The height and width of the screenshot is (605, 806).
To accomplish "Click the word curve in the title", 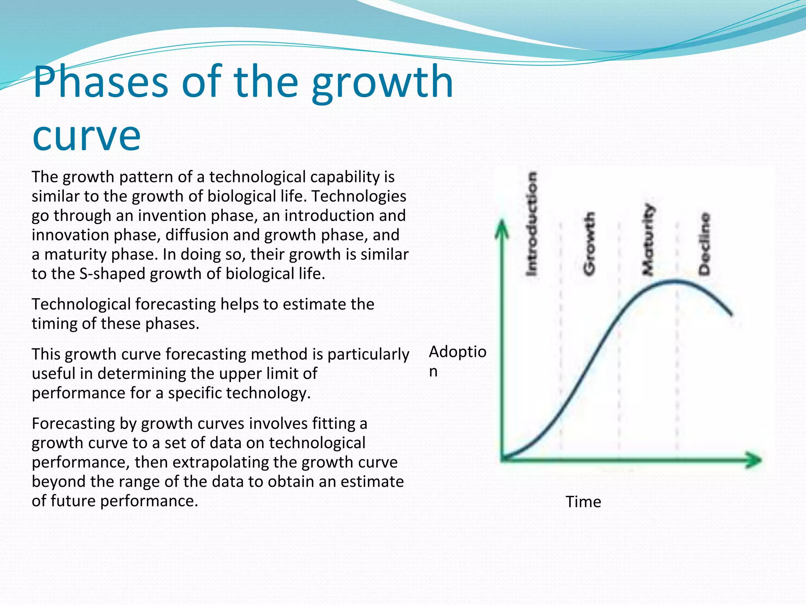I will coord(87,136).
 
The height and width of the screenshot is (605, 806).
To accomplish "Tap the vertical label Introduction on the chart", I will coord(532,224).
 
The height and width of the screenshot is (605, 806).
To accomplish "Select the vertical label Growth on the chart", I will coord(589,243).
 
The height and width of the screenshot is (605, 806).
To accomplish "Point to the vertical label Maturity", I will coord(648,239).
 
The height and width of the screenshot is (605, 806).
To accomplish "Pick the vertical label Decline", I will coord(704,244).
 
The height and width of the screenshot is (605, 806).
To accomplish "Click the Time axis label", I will coord(583,502).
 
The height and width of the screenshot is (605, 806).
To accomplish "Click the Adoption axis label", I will coord(457,352).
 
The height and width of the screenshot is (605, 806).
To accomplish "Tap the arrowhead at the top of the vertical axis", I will coord(502,228).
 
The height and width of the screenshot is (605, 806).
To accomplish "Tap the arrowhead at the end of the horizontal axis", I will coord(754,460).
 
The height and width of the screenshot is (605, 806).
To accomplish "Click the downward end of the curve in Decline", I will coord(730,314).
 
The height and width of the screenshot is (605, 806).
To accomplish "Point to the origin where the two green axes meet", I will coord(503,459).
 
